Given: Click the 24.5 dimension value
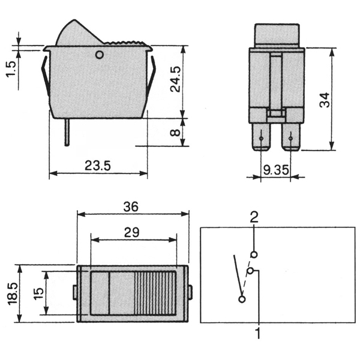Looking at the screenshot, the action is (x=176, y=79).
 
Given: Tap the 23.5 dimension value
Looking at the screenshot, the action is (x=98, y=166).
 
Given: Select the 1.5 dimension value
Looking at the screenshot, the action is (x=11, y=70).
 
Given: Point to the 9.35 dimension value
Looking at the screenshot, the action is (x=276, y=170).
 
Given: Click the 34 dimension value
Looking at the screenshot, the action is (x=325, y=100).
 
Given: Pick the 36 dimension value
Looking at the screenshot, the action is (x=131, y=206).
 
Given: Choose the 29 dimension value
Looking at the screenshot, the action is (x=131, y=232).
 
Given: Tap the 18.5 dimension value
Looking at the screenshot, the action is (x=13, y=293).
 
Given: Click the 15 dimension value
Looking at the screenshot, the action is (x=38, y=293).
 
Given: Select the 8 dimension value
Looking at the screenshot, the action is (x=176, y=133).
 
